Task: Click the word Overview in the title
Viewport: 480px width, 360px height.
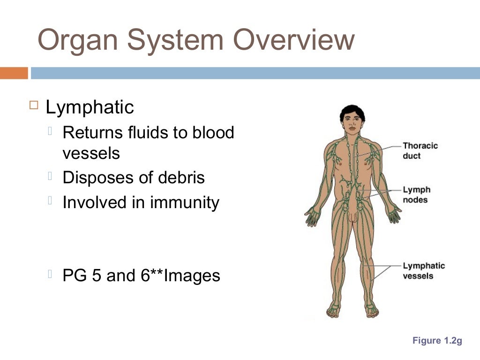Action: (294, 40)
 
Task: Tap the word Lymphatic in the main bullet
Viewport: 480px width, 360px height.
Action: (90, 107)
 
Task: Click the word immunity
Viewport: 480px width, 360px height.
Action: (185, 202)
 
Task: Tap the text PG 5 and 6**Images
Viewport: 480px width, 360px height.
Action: (141, 275)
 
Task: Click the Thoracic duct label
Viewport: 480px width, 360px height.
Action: (420, 150)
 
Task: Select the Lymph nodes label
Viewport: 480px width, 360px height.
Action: (416, 195)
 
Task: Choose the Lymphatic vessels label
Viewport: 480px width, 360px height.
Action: (424, 271)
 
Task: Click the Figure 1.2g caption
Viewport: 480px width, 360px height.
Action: (437, 341)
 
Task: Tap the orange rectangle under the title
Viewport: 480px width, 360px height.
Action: (14, 73)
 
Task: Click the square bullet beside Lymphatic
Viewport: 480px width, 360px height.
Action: (33, 105)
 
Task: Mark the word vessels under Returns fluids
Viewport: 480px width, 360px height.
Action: (91, 153)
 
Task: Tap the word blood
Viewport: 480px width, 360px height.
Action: (213, 133)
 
